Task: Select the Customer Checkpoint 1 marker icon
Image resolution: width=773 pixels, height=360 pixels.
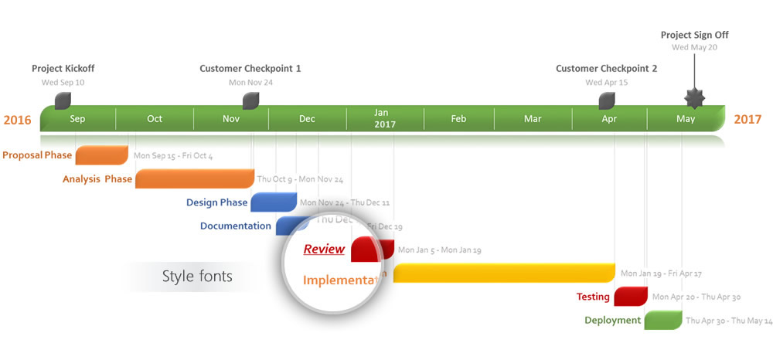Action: tap(250, 100)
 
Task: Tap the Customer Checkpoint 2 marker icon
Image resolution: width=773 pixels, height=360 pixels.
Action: tap(607, 100)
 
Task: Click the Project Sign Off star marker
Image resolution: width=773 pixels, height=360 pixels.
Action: tap(694, 99)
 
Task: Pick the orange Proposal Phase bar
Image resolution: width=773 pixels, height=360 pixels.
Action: tap(101, 155)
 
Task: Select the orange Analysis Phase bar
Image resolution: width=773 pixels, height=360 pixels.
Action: tap(194, 178)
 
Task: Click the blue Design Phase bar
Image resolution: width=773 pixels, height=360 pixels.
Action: tap(273, 202)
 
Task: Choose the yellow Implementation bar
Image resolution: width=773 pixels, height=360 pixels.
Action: tap(504, 273)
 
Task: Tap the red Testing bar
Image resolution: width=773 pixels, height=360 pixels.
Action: tap(631, 297)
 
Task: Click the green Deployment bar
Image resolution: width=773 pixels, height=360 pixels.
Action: tap(662, 320)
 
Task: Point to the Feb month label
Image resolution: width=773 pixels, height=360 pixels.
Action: tap(458, 119)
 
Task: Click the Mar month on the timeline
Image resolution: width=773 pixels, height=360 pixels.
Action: tap(533, 119)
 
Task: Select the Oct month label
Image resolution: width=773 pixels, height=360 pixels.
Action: tap(155, 119)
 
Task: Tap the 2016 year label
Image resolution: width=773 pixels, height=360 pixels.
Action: tap(17, 120)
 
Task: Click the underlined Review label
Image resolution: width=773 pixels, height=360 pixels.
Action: tap(324, 249)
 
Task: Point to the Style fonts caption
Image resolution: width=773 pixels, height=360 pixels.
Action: tap(197, 276)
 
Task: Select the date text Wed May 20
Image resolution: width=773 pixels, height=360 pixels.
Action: tap(694, 47)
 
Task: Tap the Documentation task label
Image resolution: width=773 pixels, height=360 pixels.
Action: tap(235, 226)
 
